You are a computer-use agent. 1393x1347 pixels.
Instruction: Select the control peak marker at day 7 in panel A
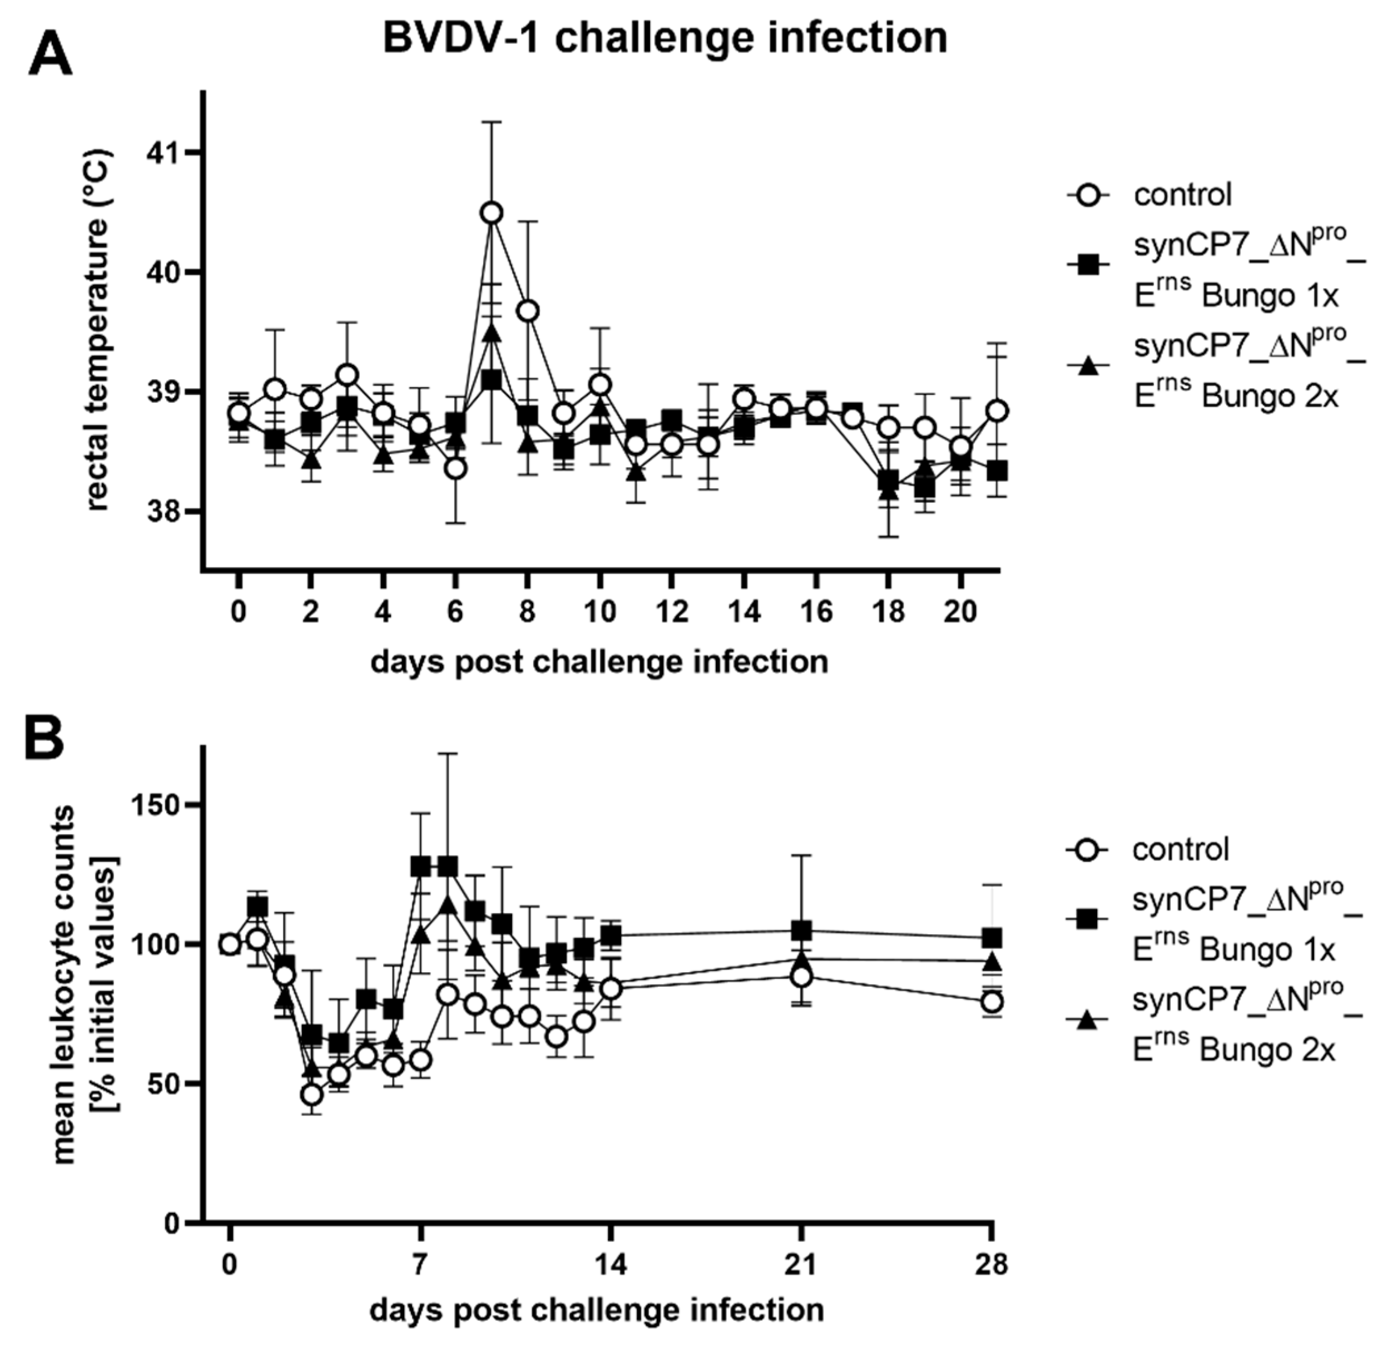[491, 212]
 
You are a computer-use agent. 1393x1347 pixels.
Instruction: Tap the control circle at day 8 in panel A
[527, 311]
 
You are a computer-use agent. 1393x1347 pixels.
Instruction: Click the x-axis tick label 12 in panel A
[672, 611]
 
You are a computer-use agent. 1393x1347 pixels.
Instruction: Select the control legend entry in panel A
[1183, 195]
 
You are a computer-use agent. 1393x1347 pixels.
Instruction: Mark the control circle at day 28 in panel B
[992, 1002]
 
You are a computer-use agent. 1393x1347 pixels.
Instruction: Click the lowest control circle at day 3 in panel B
[311, 1095]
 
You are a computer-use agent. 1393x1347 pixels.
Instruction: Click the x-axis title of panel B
[597, 1309]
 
